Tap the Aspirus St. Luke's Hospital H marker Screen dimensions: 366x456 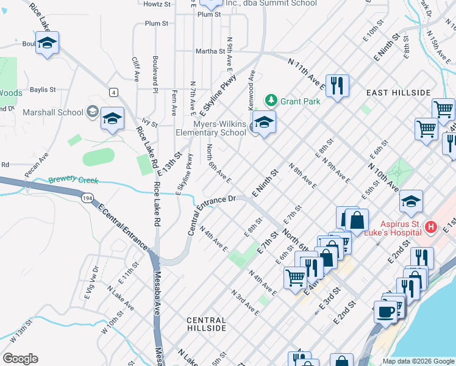[431, 227]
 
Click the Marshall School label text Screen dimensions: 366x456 [52, 112]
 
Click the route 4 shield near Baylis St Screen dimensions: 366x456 [113, 91]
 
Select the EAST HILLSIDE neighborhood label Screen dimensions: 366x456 [399, 92]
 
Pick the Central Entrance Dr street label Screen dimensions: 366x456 [210, 215]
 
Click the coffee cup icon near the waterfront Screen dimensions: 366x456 [386, 310]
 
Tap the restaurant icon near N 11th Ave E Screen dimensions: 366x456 [337, 85]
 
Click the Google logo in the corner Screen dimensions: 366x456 [20, 359]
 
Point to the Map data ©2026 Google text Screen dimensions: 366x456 [418, 361]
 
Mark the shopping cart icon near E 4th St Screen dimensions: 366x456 [296, 277]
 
